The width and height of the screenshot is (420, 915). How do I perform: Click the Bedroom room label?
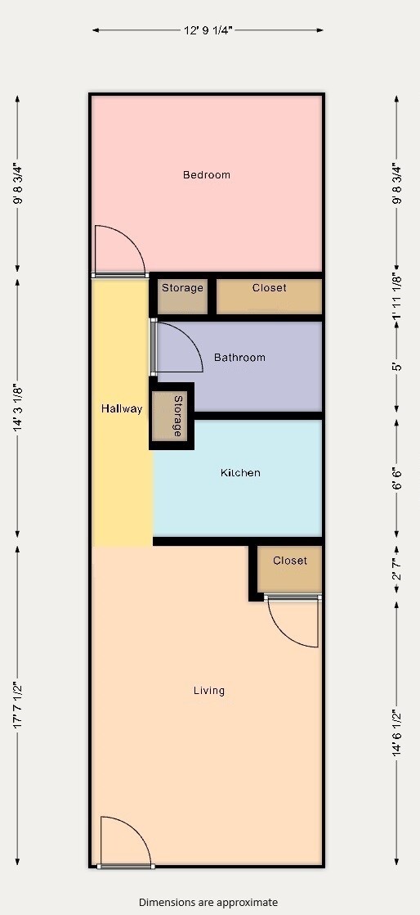click(206, 174)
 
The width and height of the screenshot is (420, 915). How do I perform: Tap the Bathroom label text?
click(239, 358)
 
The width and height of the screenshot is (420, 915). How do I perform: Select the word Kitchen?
click(240, 473)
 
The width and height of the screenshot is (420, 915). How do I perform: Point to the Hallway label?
click(122, 408)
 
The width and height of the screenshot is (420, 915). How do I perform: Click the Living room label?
click(208, 691)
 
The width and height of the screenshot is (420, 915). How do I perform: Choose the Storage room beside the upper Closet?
click(181, 288)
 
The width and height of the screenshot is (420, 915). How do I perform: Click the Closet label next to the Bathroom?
click(269, 288)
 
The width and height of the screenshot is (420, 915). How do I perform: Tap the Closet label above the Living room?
click(289, 561)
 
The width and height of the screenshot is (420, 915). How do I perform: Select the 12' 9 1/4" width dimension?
click(208, 30)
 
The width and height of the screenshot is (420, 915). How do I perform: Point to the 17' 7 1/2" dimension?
click(18, 705)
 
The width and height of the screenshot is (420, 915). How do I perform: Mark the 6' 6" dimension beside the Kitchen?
click(397, 478)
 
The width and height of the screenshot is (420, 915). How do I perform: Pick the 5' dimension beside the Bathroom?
click(397, 366)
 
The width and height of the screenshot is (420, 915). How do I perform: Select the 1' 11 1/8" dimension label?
click(397, 296)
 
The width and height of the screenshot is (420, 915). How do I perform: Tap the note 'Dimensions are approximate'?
click(208, 902)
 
